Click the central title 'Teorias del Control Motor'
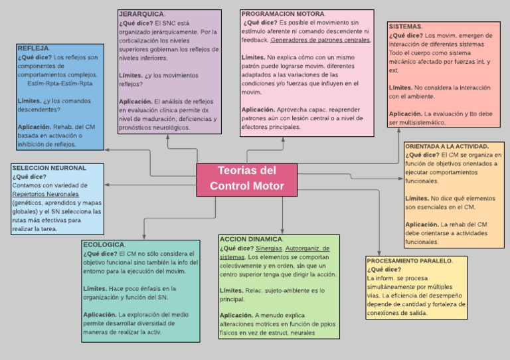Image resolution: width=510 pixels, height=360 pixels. (x=247, y=178)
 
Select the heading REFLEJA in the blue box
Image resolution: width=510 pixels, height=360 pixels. (x=33, y=48)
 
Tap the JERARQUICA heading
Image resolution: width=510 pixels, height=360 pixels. (x=141, y=14)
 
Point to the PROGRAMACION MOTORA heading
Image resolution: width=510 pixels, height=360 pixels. (x=283, y=14)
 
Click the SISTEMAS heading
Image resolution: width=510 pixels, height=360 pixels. (x=405, y=27)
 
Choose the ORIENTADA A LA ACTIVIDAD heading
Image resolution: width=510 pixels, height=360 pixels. (x=447, y=146)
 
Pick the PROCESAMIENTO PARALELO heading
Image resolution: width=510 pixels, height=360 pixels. (x=409, y=261)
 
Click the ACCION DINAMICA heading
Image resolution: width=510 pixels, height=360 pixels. (x=251, y=239)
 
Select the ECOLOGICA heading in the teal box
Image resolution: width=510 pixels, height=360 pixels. (x=104, y=244)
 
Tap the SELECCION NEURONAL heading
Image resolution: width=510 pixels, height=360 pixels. (x=49, y=168)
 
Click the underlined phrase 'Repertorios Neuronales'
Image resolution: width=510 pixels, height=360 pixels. (x=46, y=194)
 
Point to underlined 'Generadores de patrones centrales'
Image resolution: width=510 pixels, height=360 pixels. (x=320, y=40)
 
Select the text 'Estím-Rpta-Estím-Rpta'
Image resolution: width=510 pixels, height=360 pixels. (x=60, y=84)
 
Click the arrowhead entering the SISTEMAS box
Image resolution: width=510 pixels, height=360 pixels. (x=398, y=130)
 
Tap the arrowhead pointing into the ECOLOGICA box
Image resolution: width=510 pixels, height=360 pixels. (x=144, y=237)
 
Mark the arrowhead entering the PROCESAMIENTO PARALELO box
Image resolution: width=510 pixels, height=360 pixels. (x=379, y=253)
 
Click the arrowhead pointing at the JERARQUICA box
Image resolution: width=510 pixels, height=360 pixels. (x=168, y=137)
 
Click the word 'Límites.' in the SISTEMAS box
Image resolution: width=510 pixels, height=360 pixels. (x=400, y=88)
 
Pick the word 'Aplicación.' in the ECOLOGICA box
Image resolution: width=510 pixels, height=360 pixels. (x=100, y=315)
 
